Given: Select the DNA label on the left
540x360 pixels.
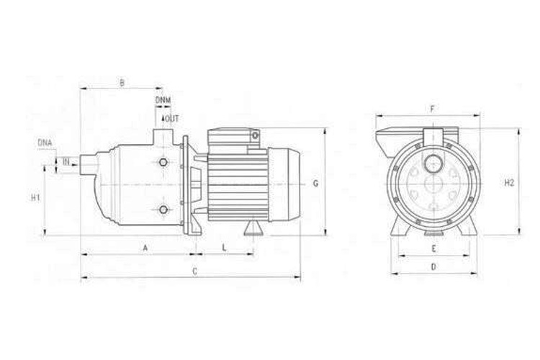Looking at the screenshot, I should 45,143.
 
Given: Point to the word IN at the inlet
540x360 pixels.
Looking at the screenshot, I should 66,162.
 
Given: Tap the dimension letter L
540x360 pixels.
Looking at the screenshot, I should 224,248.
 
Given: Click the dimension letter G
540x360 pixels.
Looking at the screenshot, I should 315,184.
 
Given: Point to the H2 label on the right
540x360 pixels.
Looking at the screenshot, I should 509,183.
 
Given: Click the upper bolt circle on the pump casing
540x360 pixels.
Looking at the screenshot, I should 165,163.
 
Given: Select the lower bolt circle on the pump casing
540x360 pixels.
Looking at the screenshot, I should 165,210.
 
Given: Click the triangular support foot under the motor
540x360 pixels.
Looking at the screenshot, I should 253,228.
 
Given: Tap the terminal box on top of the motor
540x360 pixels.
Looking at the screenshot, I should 232,137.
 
